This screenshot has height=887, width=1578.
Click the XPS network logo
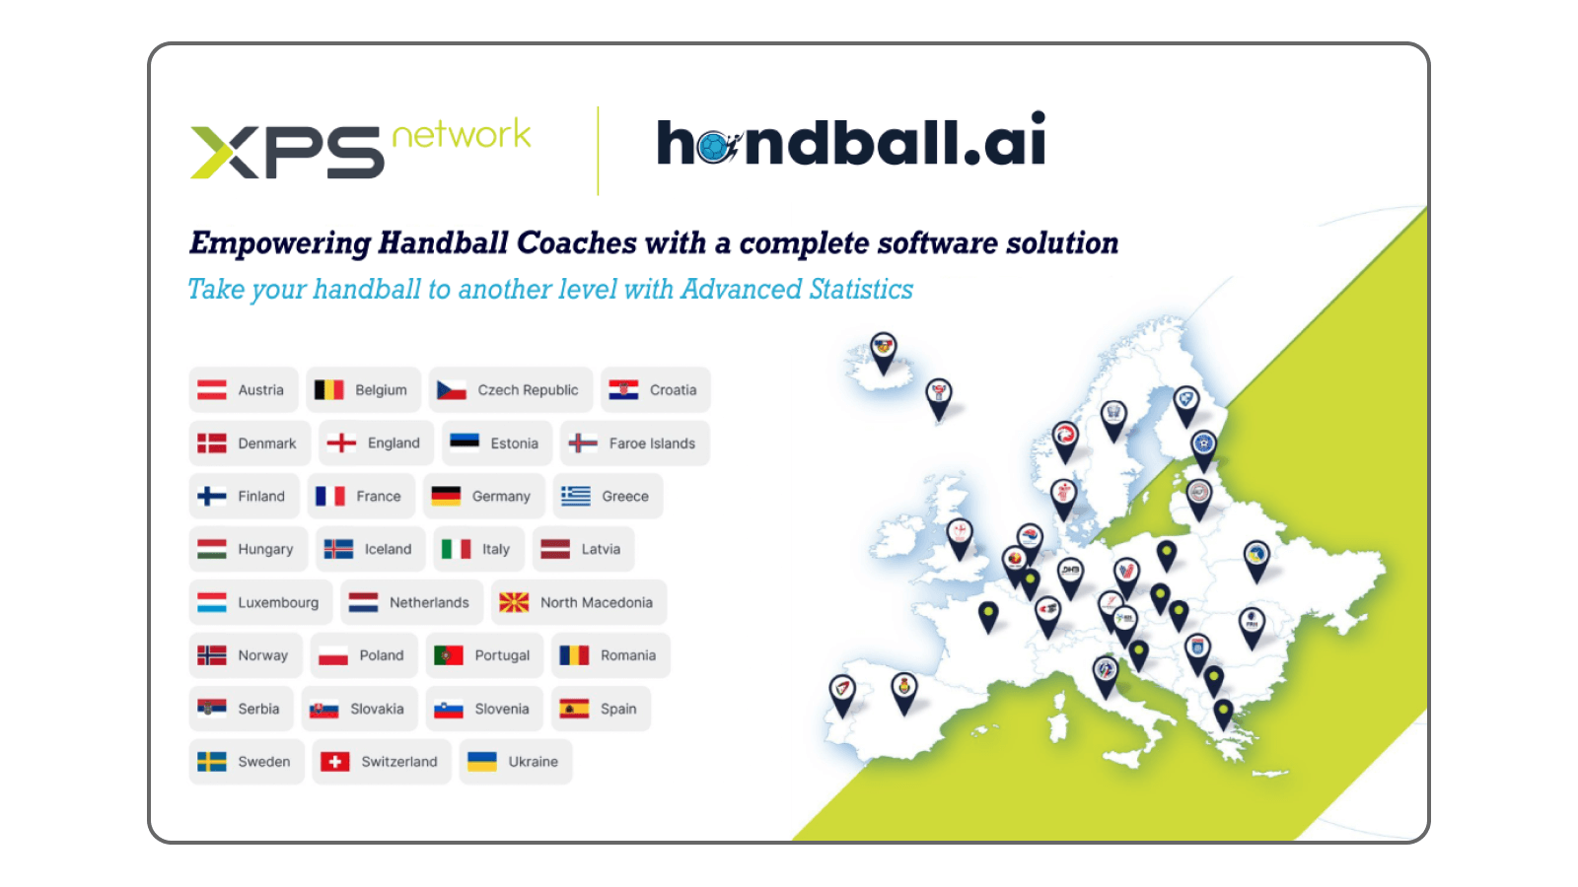(360, 148)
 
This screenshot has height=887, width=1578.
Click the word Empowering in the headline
(280, 242)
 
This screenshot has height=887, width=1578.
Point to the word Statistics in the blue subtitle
(861, 289)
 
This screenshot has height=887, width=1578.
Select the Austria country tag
(243, 390)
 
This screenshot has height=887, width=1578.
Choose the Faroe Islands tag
(635, 443)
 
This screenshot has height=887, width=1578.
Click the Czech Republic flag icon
(452, 390)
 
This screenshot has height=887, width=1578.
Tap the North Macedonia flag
(514, 602)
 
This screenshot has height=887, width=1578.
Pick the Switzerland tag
(382, 762)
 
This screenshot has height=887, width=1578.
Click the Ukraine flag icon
(482, 762)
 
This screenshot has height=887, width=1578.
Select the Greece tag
(608, 497)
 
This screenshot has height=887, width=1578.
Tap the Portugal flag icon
(449, 655)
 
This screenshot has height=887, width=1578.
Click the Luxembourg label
(278, 602)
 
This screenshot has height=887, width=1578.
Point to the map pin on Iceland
(884, 350)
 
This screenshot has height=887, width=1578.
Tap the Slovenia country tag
(484, 709)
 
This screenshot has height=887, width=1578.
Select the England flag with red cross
(341, 443)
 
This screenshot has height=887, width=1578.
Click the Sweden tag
(247, 762)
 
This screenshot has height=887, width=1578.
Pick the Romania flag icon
(574, 655)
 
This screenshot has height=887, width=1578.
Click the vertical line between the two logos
(598, 151)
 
